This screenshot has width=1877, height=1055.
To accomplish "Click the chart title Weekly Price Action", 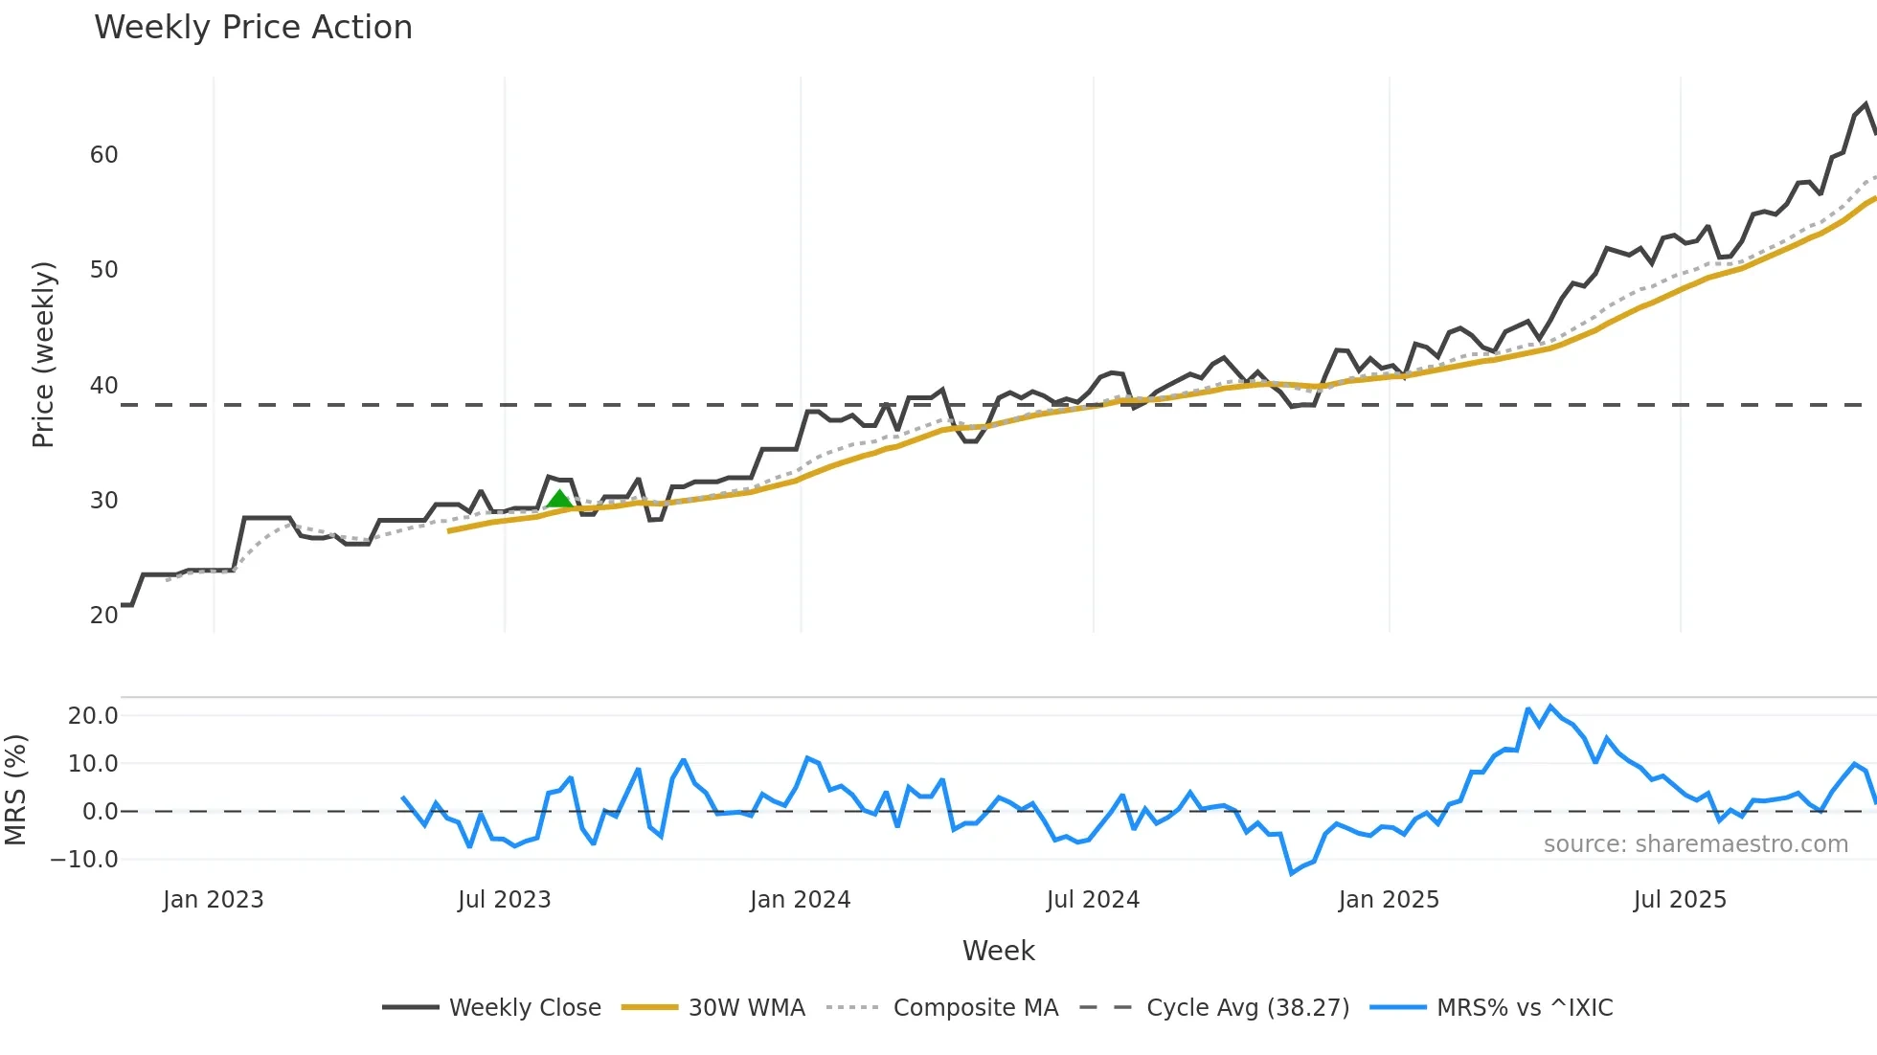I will (253, 28).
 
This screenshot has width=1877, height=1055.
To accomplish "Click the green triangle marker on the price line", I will (559, 499).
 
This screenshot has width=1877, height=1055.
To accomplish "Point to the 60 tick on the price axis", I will (103, 155).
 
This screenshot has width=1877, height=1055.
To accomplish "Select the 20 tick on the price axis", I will (103, 616).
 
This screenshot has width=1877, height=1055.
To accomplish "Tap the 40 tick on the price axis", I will (103, 386).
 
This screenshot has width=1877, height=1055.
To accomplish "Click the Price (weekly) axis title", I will (43, 354).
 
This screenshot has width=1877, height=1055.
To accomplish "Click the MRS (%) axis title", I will (15, 790).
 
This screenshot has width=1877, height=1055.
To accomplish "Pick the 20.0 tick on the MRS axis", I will (93, 716).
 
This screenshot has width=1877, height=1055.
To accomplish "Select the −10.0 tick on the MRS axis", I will (84, 860).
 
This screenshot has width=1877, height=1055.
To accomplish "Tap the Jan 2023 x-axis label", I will (213, 900).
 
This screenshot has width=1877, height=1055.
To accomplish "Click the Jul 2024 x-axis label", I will (1093, 900).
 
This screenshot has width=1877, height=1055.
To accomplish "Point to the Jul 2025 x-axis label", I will (1680, 900).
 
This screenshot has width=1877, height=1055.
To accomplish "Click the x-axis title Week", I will (998, 951).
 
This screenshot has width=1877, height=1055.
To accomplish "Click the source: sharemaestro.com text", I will (1695, 844).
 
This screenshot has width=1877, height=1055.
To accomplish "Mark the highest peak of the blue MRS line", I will (1550, 707).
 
